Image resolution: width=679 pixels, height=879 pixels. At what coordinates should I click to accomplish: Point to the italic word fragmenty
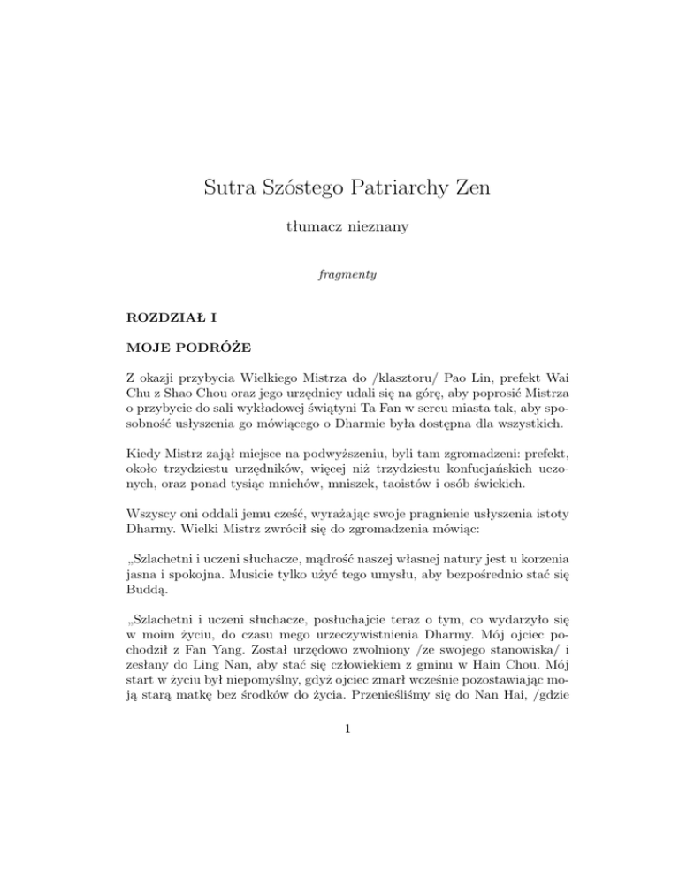(x=339, y=275)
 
